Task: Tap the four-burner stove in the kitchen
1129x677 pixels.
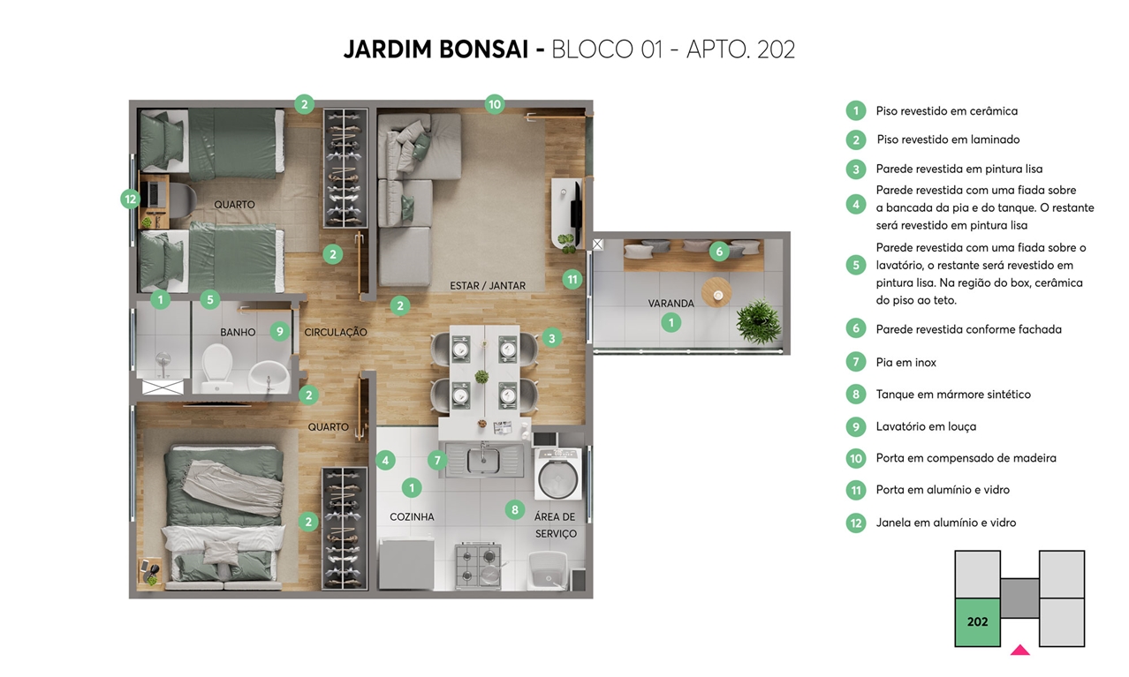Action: (478, 566)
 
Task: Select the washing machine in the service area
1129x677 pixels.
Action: (558, 474)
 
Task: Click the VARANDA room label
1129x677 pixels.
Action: (671, 304)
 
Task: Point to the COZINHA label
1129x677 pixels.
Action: (412, 516)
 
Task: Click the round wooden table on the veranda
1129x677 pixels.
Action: (716, 292)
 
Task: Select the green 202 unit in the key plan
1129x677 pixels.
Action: (977, 622)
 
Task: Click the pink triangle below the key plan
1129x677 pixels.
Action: (1020, 650)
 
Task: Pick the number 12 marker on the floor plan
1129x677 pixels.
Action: (131, 199)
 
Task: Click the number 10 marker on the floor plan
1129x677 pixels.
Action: (495, 104)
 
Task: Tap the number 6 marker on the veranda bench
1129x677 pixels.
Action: (719, 252)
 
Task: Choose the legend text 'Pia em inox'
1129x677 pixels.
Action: (905, 362)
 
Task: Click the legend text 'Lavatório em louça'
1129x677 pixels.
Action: (926, 426)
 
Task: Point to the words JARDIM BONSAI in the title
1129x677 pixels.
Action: (436, 49)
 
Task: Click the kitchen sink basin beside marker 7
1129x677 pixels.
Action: (483, 460)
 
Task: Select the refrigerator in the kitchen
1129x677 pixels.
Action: (406, 564)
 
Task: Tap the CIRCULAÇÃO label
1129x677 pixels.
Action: (336, 332)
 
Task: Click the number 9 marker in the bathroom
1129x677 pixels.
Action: (280, 331)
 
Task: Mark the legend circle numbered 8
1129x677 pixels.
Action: (856, 395)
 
